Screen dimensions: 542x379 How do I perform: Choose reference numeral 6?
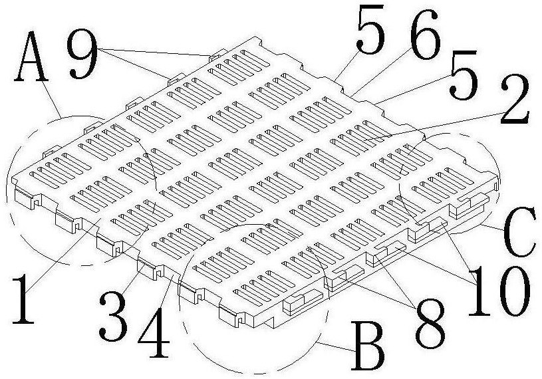[x=423, y=40]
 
